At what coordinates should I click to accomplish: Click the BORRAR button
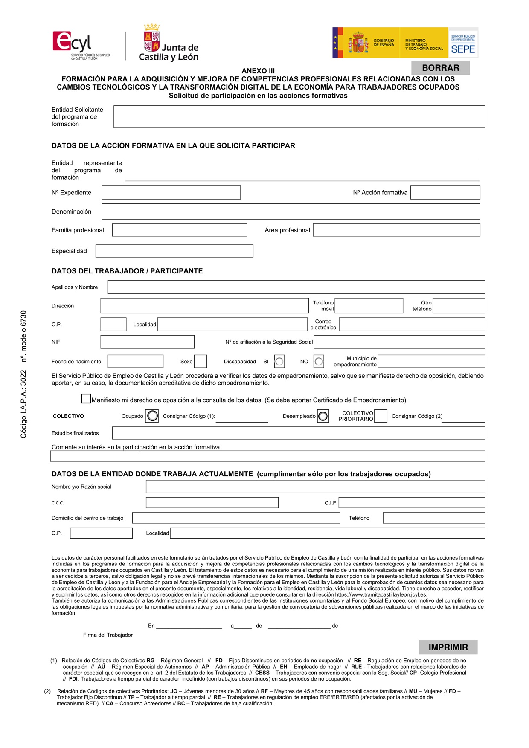[440, 68]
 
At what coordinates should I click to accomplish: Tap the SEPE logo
[463, 43]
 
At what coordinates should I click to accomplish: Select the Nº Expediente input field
[171, 192]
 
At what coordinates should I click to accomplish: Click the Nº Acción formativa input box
[445, 192]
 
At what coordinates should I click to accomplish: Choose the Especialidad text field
[174, 251]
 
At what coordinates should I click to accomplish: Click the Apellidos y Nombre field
[296, 287]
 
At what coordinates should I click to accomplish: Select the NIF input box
[147, 342]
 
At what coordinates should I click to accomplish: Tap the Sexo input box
[201, 361]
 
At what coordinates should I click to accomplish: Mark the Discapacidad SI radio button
[279, 362]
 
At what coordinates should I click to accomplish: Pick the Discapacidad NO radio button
[319, 362]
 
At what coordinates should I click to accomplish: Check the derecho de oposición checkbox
[86, 399]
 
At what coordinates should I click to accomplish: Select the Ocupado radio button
[152, 416]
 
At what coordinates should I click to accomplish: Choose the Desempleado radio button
[323, 416]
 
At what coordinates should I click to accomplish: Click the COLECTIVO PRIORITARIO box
[381, 416]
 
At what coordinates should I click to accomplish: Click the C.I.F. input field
[412, 503]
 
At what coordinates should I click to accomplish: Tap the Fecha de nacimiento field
[135, 361]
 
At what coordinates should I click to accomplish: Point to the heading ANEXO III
[258, 71]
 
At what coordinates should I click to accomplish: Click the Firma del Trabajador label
[108, 635]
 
